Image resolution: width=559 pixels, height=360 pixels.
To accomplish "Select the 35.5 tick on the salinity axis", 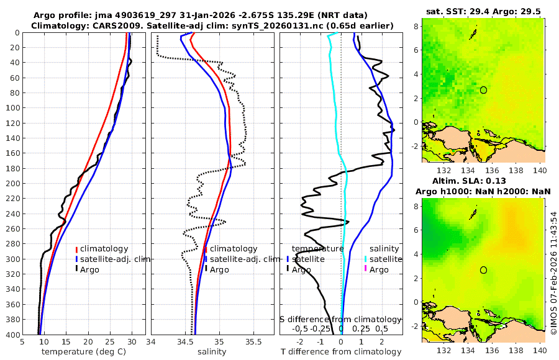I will pos(253,341).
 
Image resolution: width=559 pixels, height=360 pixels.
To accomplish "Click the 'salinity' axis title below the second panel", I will pos(211,351).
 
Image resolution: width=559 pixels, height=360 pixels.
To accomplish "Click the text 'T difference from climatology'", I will pos(341,352).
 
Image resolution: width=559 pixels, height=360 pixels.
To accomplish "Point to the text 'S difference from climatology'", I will pos(340,318).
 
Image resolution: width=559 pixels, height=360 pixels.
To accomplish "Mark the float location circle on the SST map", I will pos(483,90).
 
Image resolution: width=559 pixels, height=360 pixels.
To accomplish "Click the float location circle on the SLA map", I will pos(483,270).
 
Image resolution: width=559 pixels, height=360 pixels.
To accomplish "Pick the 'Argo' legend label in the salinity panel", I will pos(219,269).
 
